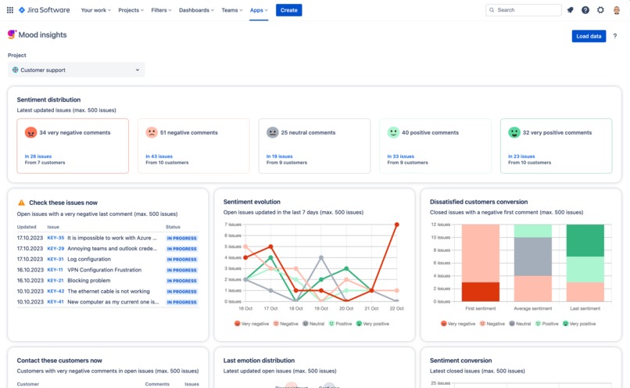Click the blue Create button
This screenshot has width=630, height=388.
click(288, 10)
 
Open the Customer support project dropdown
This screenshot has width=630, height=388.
click(76, 70)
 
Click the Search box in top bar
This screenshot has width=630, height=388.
click(523, 10)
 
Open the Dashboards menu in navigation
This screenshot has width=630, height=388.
click(196, 10)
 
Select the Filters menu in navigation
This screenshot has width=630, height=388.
click(162, 10)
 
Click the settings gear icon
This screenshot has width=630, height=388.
click(600, 10)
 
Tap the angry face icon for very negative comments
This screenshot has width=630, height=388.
click(31, 133)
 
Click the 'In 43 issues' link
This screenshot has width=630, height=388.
click(159, 156)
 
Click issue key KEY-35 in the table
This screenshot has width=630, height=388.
click(55, 238)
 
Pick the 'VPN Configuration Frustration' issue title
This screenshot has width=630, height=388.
click(105, 270)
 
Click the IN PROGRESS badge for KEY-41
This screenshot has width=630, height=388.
click(182, 302)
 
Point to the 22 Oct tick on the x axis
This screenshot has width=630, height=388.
click(397, 308)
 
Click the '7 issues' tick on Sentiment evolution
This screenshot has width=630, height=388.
click(233, 225)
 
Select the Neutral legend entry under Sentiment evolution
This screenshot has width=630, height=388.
click(313, 323)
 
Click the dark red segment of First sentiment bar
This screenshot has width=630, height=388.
click(481, 292)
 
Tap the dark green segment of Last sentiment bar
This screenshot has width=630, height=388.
click(585, 241)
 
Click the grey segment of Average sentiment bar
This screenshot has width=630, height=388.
click(532, 257)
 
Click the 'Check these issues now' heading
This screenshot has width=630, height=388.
click(63, 203)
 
